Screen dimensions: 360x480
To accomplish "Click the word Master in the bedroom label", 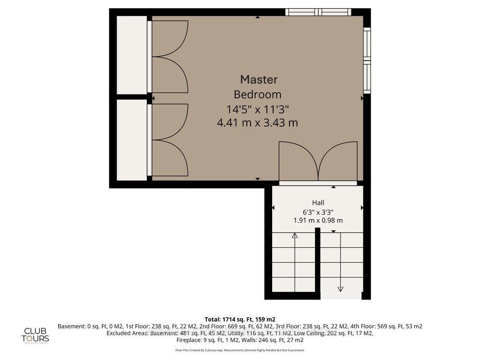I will click(259, 80).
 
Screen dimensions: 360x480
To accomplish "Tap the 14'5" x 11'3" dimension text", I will click(258, 108).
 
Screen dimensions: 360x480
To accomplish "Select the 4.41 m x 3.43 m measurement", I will click(258, 123).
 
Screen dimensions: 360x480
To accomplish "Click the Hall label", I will click(318, 203).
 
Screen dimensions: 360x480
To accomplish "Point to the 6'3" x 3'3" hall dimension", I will click(318, 212).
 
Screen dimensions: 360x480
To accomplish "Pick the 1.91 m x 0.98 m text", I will click(318, 220).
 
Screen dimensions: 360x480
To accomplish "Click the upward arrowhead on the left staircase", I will click(295, 235).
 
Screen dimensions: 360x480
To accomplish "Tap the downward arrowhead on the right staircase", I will click(341, 289).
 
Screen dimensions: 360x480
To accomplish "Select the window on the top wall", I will click(318, 12).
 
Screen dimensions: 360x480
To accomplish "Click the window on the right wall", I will click(367, 60).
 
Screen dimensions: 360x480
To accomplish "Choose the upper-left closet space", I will click(132, 55).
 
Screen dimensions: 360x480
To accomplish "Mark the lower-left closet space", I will click(132, 140).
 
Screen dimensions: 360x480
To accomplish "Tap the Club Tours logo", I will click(36, 335).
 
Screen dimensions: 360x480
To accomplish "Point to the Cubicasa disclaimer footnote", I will click(240, 350).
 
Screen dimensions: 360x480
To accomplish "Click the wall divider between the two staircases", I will click(317, 262).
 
